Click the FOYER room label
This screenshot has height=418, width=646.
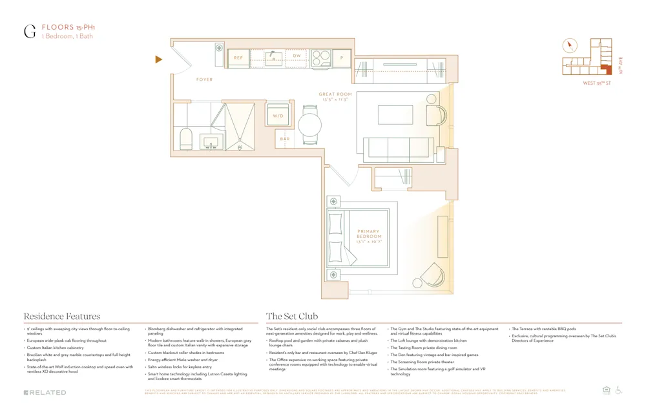tap(204, 79)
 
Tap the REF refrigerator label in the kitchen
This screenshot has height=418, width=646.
tap(238, 58)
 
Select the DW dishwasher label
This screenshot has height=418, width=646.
tap(297, 57)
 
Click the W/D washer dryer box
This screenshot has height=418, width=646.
tap(278, 116)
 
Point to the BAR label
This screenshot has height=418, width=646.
tap(284, 139)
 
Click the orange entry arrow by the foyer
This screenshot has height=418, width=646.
tap(158, 60)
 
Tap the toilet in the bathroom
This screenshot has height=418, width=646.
tap(186, 138)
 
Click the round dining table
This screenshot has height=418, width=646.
tap(310, 124)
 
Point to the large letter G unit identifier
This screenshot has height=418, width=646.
tap(30, 32)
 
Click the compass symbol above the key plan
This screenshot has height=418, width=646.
tap(569, 46)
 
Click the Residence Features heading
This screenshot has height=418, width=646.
tap(62, 317)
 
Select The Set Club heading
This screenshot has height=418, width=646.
tap(292, 317)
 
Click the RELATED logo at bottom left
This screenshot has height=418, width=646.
tap(45, 392)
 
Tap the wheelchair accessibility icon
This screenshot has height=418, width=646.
tap(618, 390)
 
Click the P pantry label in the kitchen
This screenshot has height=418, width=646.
tap(342, 58)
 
